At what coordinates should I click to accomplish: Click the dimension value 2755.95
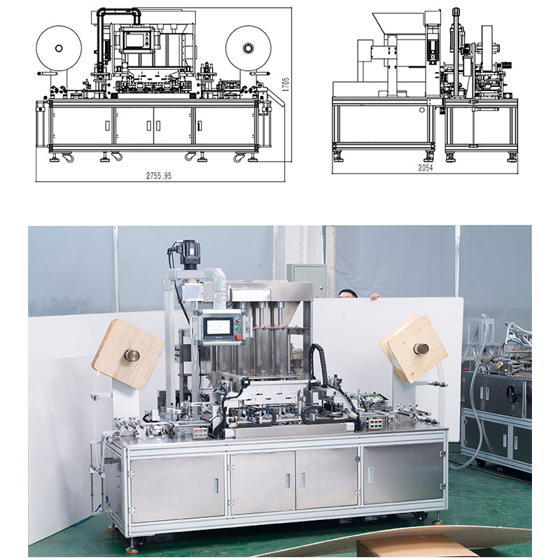click(x=159, y=176)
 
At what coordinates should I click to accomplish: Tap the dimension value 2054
click(x=426, y=167)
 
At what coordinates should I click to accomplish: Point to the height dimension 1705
click(x=285, y=85)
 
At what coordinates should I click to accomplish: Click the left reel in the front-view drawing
click(x=59, y=48)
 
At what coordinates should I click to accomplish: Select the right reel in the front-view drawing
click(x=248, y=48)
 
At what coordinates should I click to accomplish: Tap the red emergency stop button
click(x=239, y=337)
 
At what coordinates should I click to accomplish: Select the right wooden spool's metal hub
click(x=421, y=348)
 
